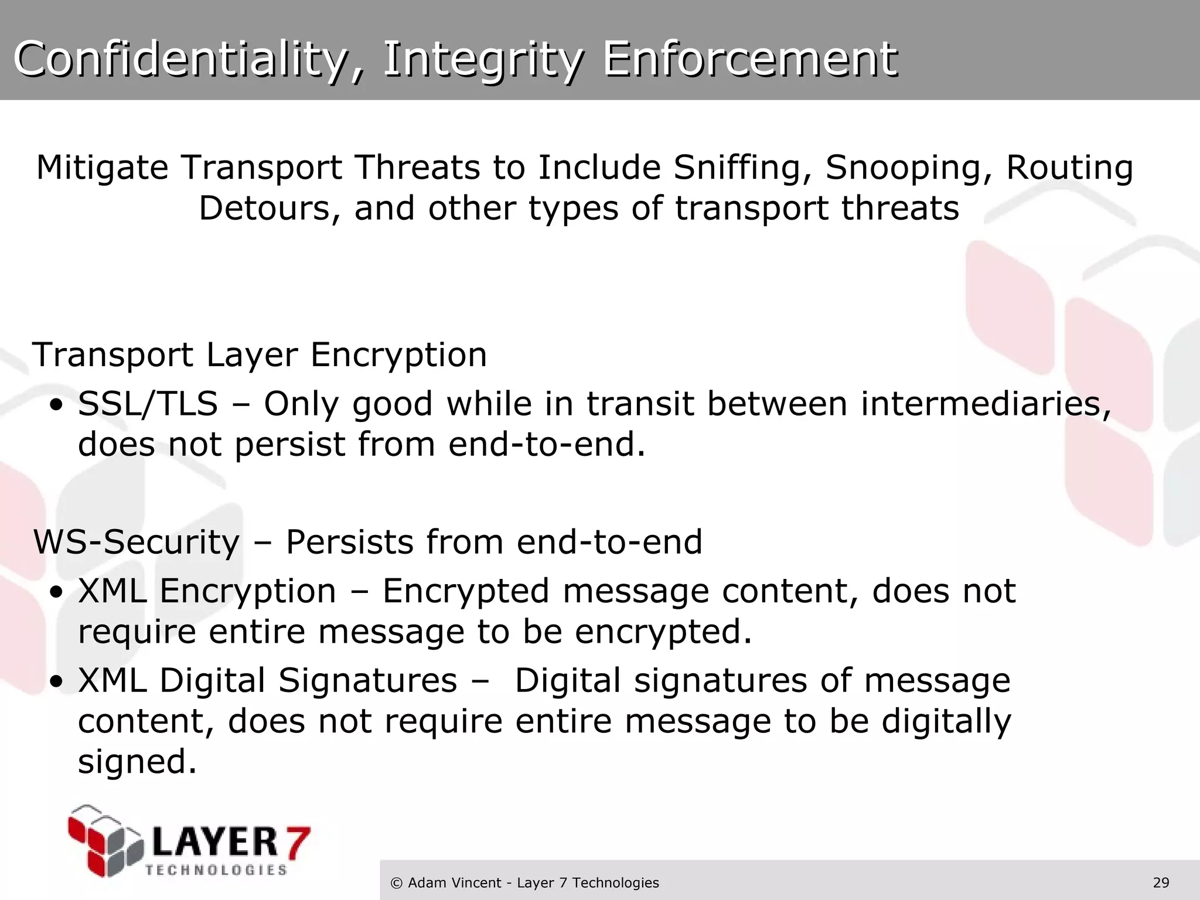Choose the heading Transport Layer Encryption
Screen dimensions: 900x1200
[x=260, y=355]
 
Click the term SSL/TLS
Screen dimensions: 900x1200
[x=148, y=404]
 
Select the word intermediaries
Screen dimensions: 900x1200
[x=985, y=404]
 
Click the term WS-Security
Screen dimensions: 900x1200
[x=137, y=542]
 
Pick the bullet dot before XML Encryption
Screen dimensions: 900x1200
[x=56, y=592]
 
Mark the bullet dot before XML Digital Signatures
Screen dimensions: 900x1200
[x=56, y=682]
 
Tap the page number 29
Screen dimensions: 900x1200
[x=1161, y=883]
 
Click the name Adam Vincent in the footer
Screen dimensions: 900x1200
[x=454, y=883]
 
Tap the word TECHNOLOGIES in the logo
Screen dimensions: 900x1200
[x=216, y=870]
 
